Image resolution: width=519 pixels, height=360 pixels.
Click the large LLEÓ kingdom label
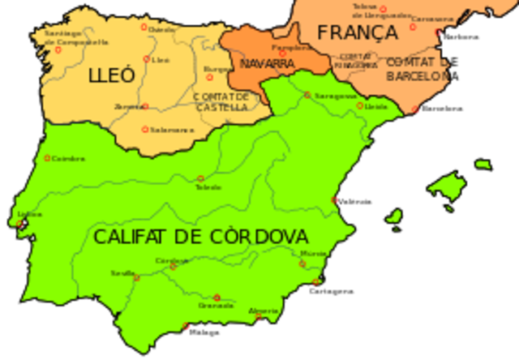pos(112,76)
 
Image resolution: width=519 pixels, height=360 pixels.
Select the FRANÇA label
pos(358,32)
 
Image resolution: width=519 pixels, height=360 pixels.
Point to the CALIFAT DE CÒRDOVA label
pos(200,237)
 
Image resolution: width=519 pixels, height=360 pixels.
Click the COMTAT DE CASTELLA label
pos(220,101)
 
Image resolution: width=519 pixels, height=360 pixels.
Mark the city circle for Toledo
pos(200,178)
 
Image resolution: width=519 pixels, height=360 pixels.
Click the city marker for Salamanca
pos(145,128)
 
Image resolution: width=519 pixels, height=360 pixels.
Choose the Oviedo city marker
pos(145,27)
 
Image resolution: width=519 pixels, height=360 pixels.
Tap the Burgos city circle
pos(209,78)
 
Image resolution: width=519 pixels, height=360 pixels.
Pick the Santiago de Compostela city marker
pos(58,49)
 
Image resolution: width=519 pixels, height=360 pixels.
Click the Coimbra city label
pos(68,159)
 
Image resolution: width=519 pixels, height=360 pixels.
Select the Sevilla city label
pos(123,274)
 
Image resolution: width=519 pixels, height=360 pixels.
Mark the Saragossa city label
pos(336,96)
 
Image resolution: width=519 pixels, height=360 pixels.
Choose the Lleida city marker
pos(362,105)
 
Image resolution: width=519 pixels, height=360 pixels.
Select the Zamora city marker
pos(144,105)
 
